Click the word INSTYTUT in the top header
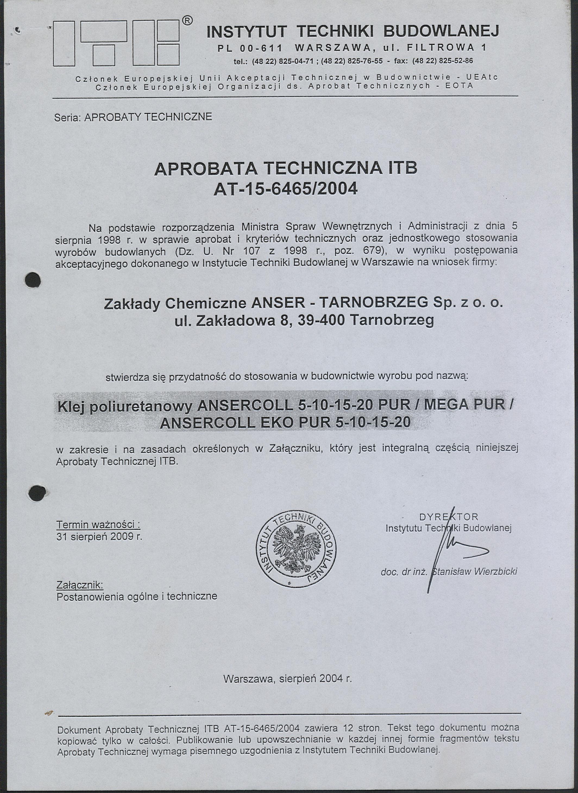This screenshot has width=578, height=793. point(247,32)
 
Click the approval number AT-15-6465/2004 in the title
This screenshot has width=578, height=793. point(285,189)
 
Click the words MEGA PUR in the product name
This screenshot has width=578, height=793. point(465,405)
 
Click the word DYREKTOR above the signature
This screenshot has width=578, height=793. point(448,517)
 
